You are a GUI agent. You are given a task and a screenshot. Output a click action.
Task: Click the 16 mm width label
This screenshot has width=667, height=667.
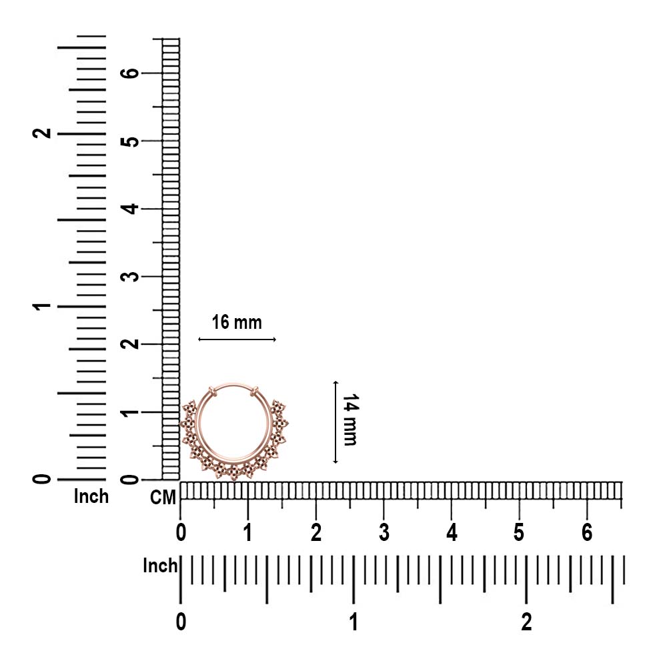(237, 322)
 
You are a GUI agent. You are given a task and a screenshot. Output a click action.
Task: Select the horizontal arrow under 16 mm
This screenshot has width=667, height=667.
(237, 340)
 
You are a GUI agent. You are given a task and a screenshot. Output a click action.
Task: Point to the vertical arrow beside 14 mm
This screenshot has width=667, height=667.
(336, 422)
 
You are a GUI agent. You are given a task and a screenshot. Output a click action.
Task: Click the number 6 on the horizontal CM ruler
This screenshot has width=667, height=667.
(587, 532)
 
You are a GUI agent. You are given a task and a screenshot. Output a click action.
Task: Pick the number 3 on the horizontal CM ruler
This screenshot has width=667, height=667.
(384, 532)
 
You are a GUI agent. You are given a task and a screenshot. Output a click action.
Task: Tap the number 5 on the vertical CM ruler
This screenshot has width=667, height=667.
(130, 141)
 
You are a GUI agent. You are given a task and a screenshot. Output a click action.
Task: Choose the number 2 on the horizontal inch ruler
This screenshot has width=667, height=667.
(527, 622)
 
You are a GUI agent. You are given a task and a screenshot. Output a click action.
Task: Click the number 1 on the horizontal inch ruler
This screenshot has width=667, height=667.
(354, 622)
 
